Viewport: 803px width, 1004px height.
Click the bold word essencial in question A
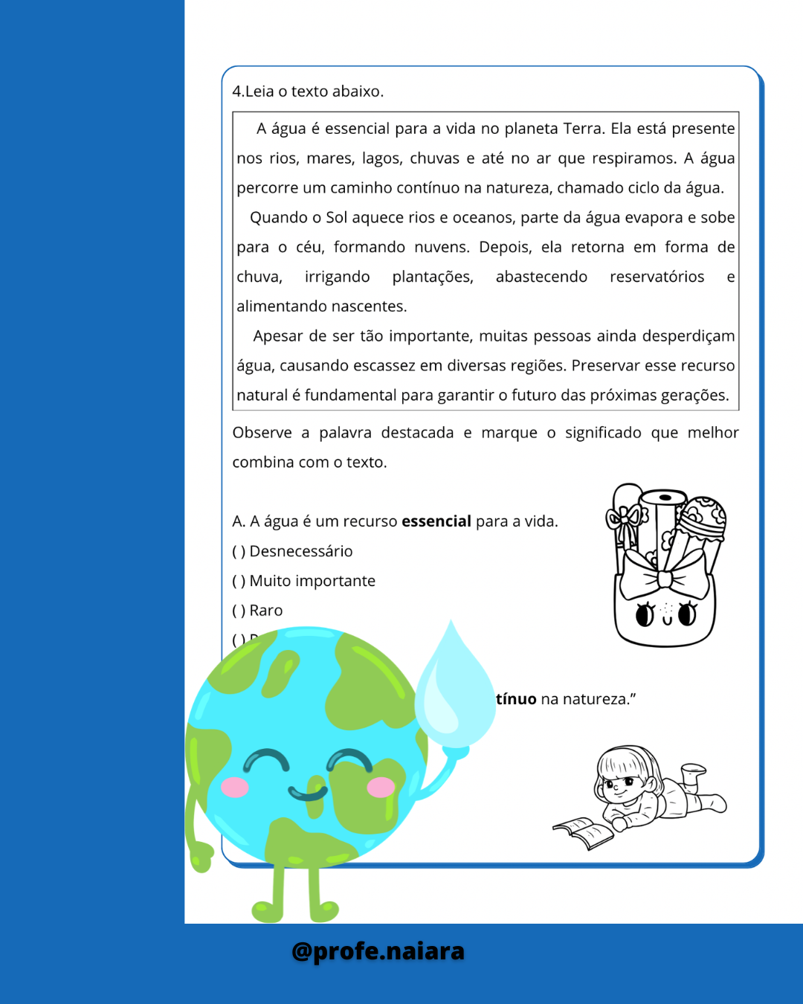click(436, 521)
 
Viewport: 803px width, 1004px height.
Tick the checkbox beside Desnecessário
click(239, 552)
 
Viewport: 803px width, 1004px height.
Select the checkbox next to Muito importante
click(239, 582)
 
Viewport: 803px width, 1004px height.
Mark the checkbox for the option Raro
click(239, 611)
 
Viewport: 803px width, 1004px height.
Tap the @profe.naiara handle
click(378, 951)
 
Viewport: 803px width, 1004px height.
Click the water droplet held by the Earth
click(454, 692)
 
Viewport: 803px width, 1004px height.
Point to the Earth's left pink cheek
click(235, 787)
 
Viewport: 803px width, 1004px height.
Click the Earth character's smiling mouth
click(308, 793)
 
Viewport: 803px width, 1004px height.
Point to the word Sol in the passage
click(337, 218)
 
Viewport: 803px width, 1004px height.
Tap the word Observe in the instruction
click(262, 433)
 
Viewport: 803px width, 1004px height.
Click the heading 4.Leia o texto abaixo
click(308, 91)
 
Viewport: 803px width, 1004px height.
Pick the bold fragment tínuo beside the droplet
click(516, 699)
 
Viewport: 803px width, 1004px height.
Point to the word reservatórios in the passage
click(657, 277)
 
